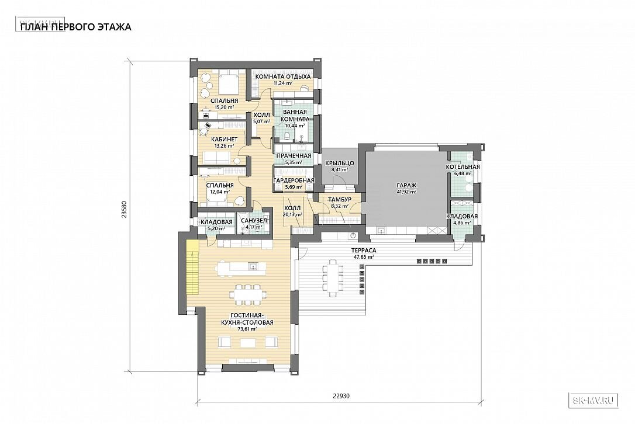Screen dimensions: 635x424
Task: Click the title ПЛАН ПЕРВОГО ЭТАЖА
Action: pyautogui.click(x=76, y=27)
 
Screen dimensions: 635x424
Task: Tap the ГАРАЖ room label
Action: pyautogui.click(x=406, y=186)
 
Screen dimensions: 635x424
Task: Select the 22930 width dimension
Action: pyautogui.click(x=341, y=397)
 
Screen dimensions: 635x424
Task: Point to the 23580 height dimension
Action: pyautogui.click(x=125, y=210)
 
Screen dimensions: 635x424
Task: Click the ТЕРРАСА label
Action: pyautogui.click(x=363, y=251)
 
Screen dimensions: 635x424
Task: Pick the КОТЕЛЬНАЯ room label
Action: pyautogui.click(x=463, y=166)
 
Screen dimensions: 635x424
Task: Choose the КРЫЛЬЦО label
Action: pyautogui.click(x=339, y=163)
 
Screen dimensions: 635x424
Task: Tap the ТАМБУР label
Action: pyautogui.click(x=339, y=200)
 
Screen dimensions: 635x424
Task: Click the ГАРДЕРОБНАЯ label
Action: pyautogui.click(x=294, y=180)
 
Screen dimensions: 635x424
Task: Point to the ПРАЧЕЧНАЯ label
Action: pyautogui.click(x=294, y=156)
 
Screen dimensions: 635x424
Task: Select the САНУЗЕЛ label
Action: pyautogui.click(x=254, y=221)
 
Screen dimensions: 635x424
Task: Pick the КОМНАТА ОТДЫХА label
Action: pyautogui.click(x=282, y=77)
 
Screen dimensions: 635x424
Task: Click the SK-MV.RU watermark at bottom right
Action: pyautogui.click(x=593, y=401)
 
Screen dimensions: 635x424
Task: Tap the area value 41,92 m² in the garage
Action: pyautogui.click(x=406, y=192)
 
